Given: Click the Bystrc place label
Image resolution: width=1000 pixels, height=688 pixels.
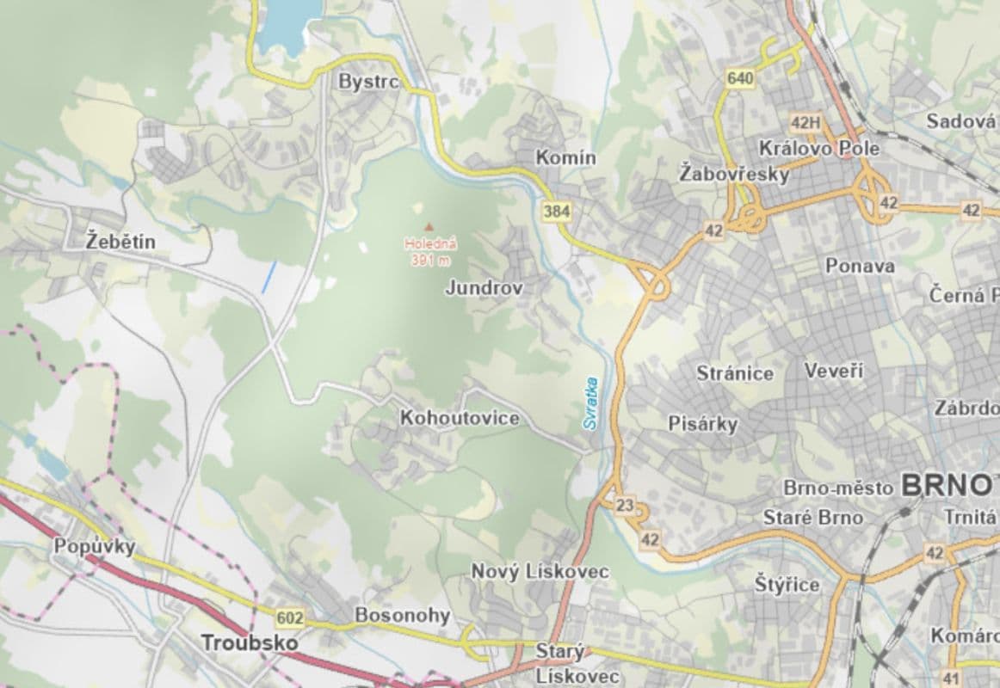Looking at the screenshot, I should coord(368,82).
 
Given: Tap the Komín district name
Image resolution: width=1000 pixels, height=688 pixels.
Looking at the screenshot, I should coord(565,157).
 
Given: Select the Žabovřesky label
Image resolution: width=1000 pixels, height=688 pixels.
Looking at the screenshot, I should coord(733,173).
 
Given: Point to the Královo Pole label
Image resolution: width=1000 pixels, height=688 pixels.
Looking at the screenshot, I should coord(818,148).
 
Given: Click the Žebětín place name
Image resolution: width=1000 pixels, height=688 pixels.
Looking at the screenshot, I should coord(121,242).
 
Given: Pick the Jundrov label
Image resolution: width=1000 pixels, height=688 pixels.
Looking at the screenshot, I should coord(484,288).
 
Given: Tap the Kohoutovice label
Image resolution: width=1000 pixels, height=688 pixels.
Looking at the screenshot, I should coord(460,418).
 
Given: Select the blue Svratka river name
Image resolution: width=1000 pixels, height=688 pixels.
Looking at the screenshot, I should coord(590,402).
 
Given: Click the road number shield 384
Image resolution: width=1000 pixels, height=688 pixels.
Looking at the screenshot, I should coord(556,210).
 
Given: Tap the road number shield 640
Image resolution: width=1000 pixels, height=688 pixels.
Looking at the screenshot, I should coord(740,79).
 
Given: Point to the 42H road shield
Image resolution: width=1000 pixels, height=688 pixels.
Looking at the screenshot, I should coord(806,121).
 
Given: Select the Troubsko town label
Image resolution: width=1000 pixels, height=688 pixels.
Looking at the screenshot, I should coord(250,642).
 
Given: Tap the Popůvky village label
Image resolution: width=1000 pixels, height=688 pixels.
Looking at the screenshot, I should coord(95,546).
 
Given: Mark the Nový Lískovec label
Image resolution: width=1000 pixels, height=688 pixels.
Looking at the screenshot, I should coord(540,572).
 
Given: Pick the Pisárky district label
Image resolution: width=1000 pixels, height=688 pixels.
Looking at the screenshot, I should coord(703,423).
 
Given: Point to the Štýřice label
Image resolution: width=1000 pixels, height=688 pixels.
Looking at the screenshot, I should coord(787,585).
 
